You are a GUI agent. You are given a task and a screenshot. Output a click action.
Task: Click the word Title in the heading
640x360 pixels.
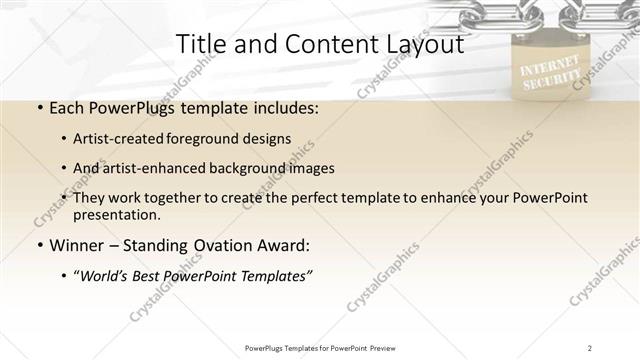(x=198, y=44)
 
